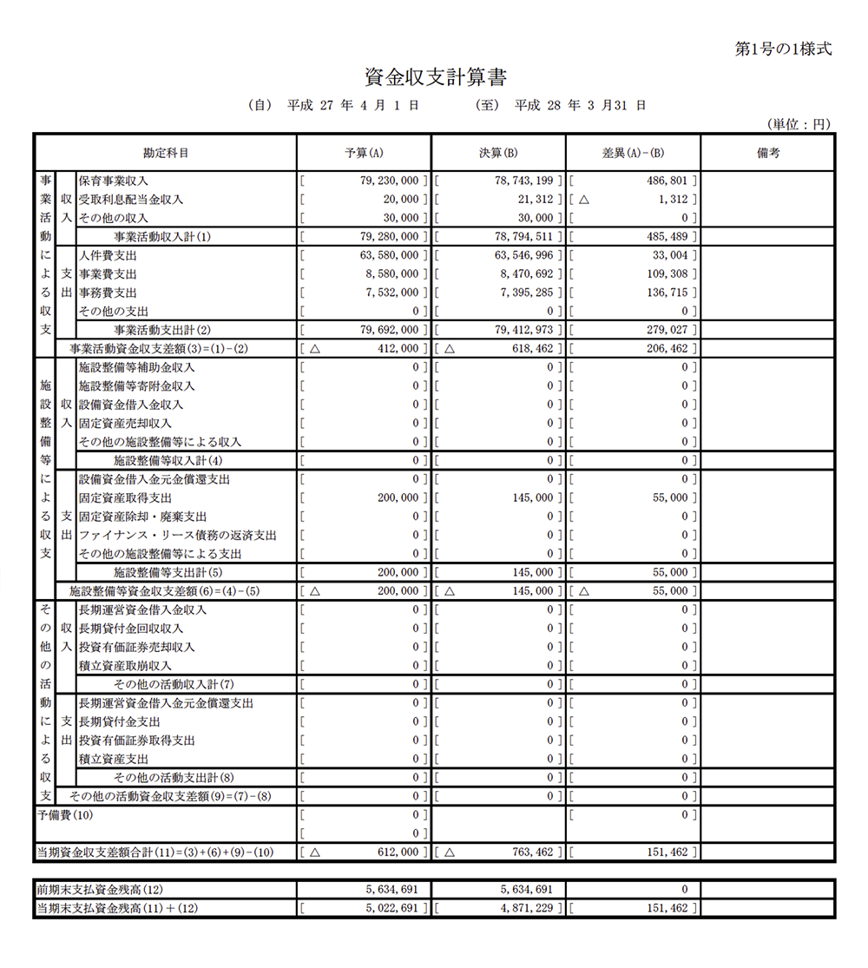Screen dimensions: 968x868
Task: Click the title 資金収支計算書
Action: pyautogui.click(x=435, y=76)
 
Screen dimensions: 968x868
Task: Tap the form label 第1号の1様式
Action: pyautogui.click(x=783, y=49)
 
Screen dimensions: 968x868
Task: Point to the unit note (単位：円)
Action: pyautogui.click(x=799, y=125)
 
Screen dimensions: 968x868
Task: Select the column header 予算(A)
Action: pyautogui.click(x=364, y=153)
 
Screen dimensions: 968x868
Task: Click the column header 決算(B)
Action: pyautogui.click(x=498, y=153)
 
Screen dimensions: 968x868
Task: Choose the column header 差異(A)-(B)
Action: pyautogui.click(x=633, y=153)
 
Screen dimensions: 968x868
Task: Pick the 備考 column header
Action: pyautogui.click(x=768, y=153)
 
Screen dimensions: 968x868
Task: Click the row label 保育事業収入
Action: pyautogui.click(x=114, y=181)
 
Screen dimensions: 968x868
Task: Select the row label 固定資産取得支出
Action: pyautogui.click(x=125, y=498)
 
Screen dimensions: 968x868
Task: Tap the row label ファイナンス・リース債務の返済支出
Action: pyautogui.click(x=177, y=536)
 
